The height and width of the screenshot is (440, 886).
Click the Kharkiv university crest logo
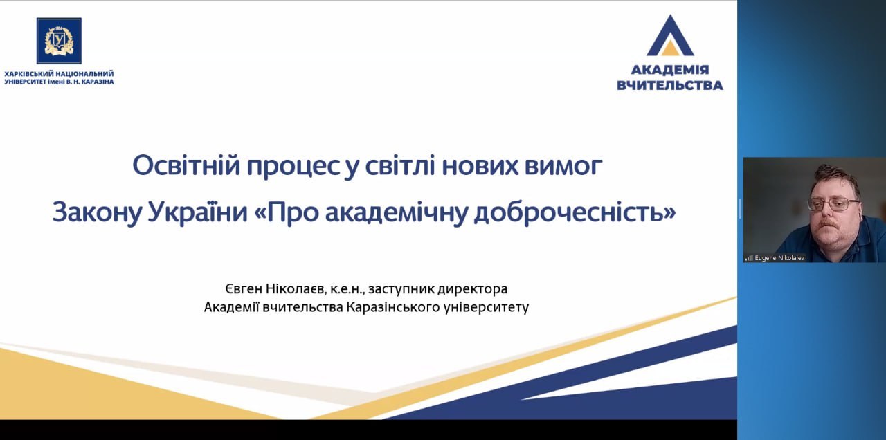click(59, 41)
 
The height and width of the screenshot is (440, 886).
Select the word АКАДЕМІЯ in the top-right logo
click(670, 70)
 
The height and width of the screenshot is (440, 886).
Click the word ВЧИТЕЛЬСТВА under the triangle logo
click(670, 85)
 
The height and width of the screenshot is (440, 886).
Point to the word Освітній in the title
click(186, 165)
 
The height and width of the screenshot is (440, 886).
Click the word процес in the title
click(293, 167)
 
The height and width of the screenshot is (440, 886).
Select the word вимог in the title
click(563, 166)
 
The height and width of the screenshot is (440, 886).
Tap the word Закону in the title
click(97, 212)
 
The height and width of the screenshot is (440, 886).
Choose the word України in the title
click(198, 212)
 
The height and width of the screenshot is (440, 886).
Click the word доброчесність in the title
click(575, 212)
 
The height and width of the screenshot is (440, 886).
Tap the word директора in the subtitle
click(472, 290)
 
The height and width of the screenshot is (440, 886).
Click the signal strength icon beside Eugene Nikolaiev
click(749, 258)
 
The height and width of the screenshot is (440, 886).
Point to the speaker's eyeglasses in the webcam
click(834, 204)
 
